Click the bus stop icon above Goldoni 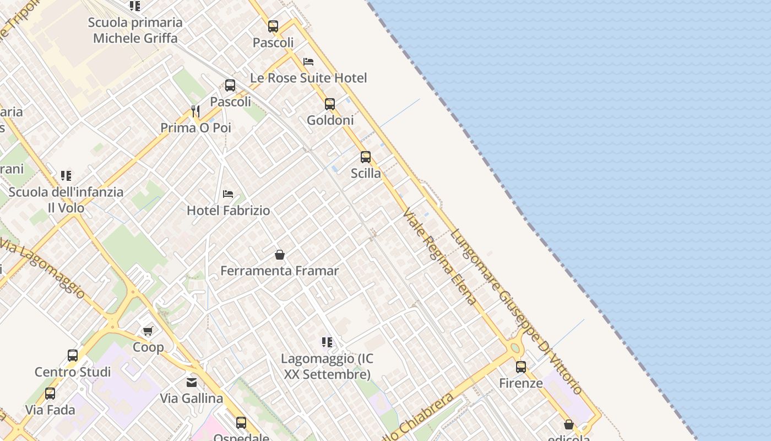330,104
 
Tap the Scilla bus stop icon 366,157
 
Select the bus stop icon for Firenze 521,367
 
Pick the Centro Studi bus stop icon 73,356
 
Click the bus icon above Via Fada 50,394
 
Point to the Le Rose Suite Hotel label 308,78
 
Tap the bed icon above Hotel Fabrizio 228,194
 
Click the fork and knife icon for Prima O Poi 196,111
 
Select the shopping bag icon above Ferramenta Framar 280,255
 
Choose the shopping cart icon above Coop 148,331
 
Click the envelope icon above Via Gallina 192,382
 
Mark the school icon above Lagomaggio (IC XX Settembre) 327,342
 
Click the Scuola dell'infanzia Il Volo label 66,200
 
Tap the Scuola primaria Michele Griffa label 135,30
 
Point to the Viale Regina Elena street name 439,256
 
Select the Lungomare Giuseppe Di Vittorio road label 516,311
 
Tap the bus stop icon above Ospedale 241,423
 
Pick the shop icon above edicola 569,424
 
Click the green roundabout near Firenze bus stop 515,348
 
